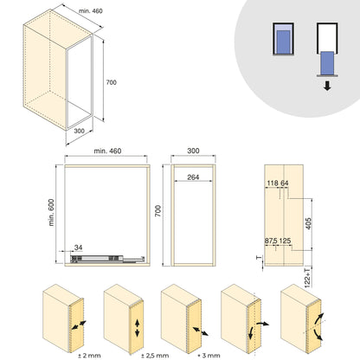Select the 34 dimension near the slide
tap(79, 246)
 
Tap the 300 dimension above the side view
tap(193, 151)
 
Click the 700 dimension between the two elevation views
tap(157, 211)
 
